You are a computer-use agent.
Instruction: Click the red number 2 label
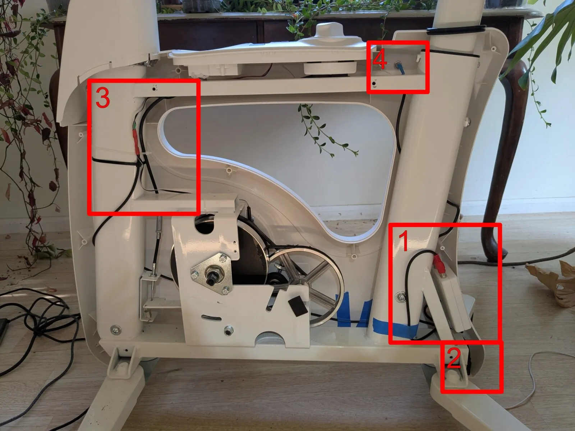454,358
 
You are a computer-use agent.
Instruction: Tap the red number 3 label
103,98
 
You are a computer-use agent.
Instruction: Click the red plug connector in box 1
440,264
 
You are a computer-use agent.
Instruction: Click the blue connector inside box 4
400,66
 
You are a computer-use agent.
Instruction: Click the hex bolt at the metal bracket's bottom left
227,330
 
